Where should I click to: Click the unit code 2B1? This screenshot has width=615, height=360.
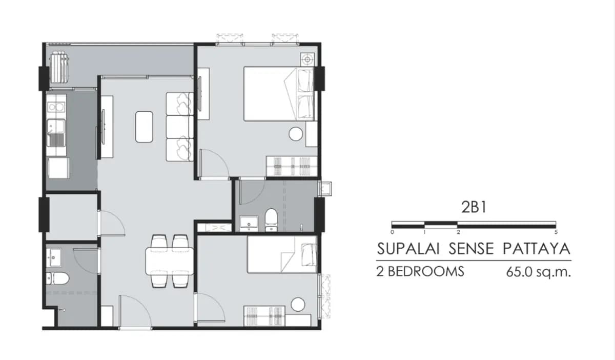click(474, 207)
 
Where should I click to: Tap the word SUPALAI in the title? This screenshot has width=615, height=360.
click(408, 249)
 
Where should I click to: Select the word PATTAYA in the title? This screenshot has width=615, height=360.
click(537, 249)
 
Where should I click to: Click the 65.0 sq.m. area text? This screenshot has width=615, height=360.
click(539, 272)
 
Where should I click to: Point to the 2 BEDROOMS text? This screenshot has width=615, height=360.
click(420, 271)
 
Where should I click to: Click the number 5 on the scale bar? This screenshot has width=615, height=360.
click(556, 232)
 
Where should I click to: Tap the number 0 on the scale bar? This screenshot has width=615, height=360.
click(392, 232)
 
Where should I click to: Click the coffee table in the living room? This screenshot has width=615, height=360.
click(144, 127)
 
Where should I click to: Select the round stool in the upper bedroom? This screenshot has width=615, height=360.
click(296, 134)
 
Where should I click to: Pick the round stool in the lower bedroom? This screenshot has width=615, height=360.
click(298, 305)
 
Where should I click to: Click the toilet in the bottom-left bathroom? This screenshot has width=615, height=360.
click(57, 278)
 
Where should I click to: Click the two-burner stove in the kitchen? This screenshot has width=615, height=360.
click(56, 107)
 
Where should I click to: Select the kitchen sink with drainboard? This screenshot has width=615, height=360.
click(56, 132)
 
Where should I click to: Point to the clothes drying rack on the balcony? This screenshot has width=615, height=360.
click(59, 67)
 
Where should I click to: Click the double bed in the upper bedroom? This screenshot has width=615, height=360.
click(279, 94)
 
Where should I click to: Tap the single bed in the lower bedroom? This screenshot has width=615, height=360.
click(282, 254)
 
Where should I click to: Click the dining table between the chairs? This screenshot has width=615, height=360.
click(170, 261)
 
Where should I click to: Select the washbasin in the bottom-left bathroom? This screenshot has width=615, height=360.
click(54, 258)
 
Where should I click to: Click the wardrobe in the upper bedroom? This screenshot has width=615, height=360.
click(292, 166)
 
